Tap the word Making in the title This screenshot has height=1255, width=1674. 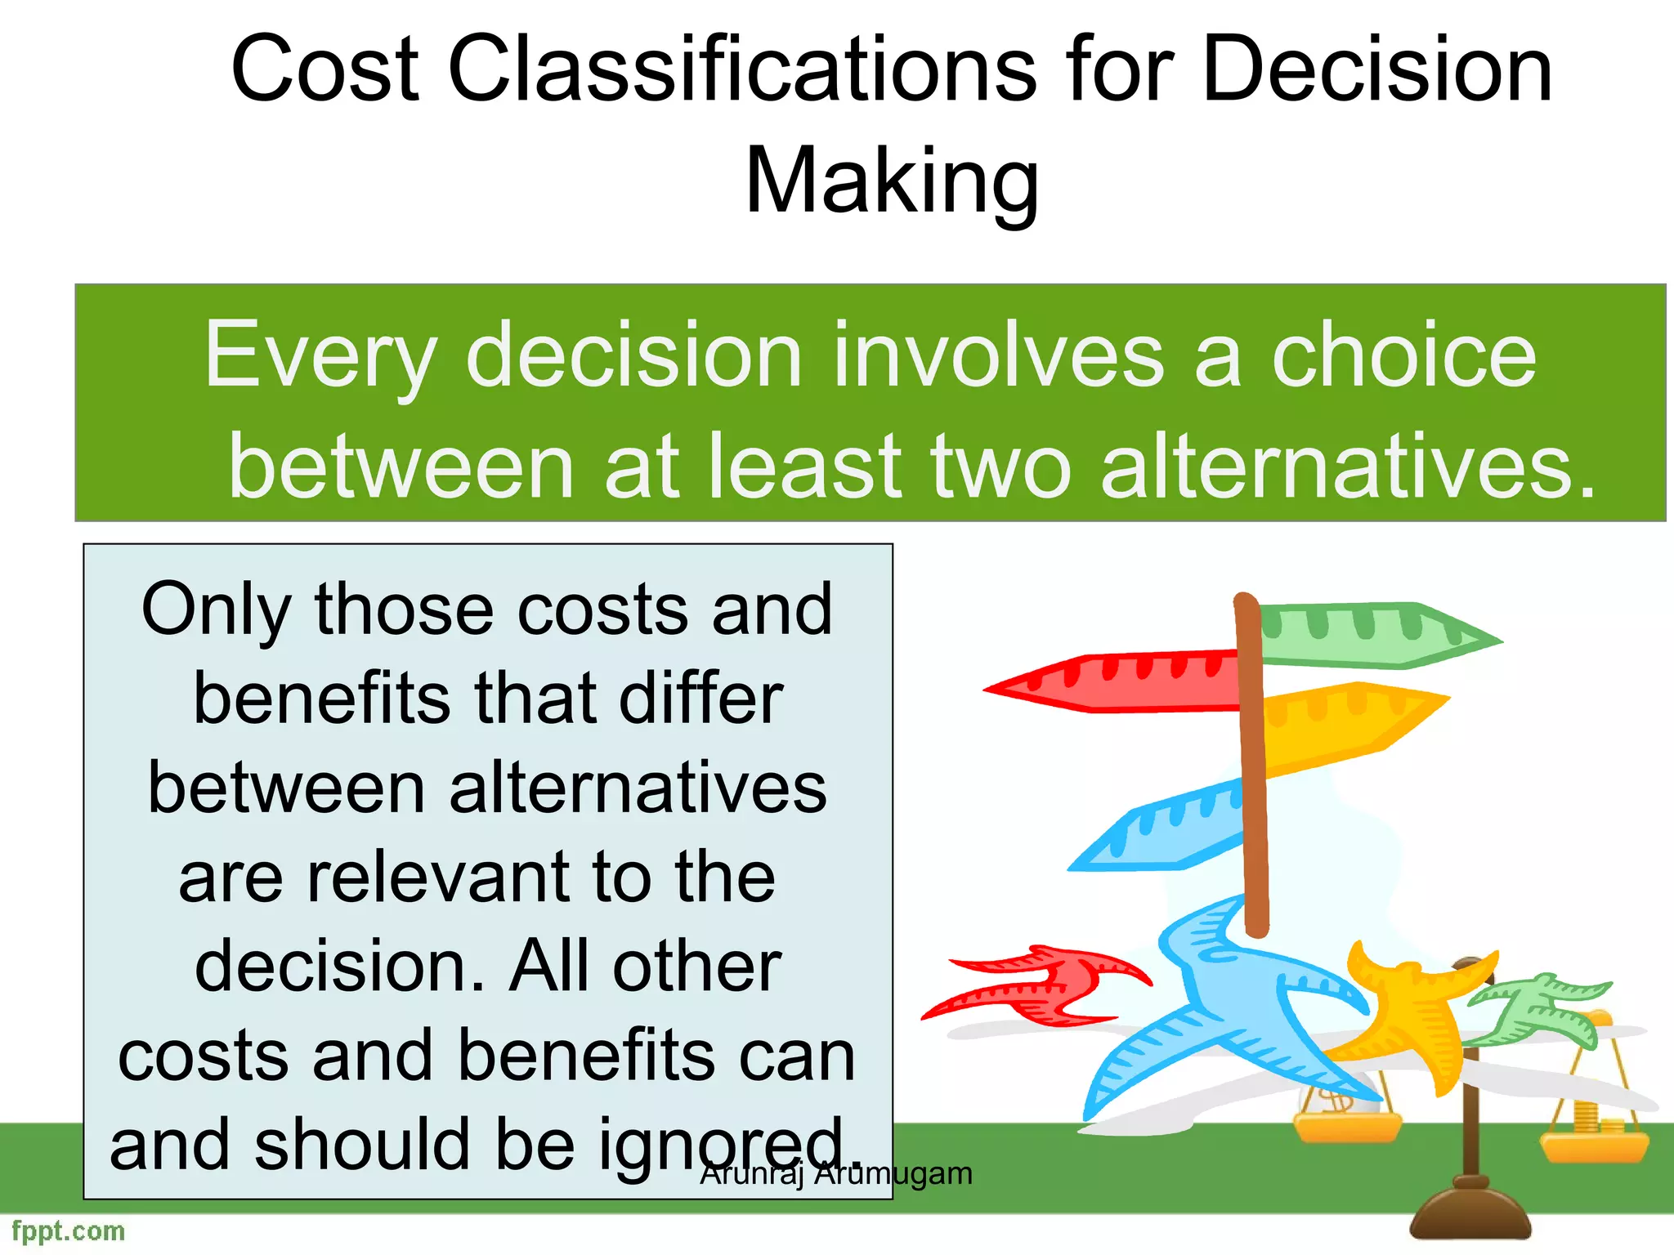point(892,181)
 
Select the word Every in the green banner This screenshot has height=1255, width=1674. point(320,356)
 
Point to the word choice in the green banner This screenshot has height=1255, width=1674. point(1403,356)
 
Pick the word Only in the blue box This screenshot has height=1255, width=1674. point(216,611)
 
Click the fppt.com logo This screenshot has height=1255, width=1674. point(69,1230)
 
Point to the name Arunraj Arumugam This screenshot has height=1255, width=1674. point(836,1174)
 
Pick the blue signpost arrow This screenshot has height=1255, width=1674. point(1161,829)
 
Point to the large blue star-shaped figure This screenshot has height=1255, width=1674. point(1226,1013)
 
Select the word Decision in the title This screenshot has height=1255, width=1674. point(1376,70)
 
